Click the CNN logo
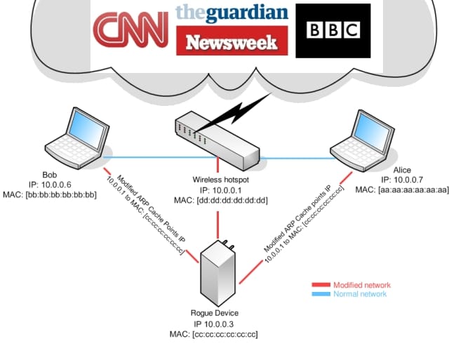[x=132, y=28]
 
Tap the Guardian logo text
[x=232, y=13]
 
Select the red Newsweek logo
[x=232, y=41]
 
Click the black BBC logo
[x=333, y=30]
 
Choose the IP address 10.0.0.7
[x=402, y=180]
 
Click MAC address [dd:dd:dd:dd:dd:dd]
[x=221, y=199]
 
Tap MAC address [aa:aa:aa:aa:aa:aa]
[x=402, y=190]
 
